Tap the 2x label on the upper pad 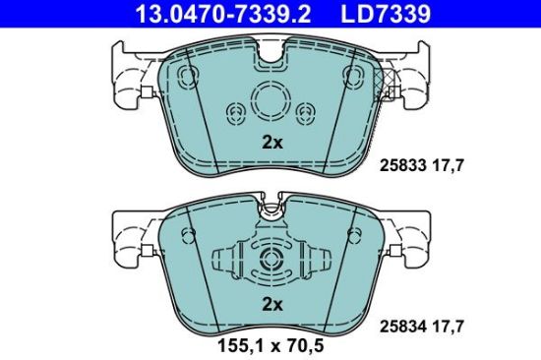pyautogui.click(x=271, y=142)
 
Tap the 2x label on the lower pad pyautogui.click(x=271, y=305)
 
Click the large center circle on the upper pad pyautogui.click(x=270, y=99)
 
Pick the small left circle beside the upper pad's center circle pyautogui.click(x=234, y=111)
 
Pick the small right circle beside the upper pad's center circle pyautogui.click(x=306, y=111)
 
